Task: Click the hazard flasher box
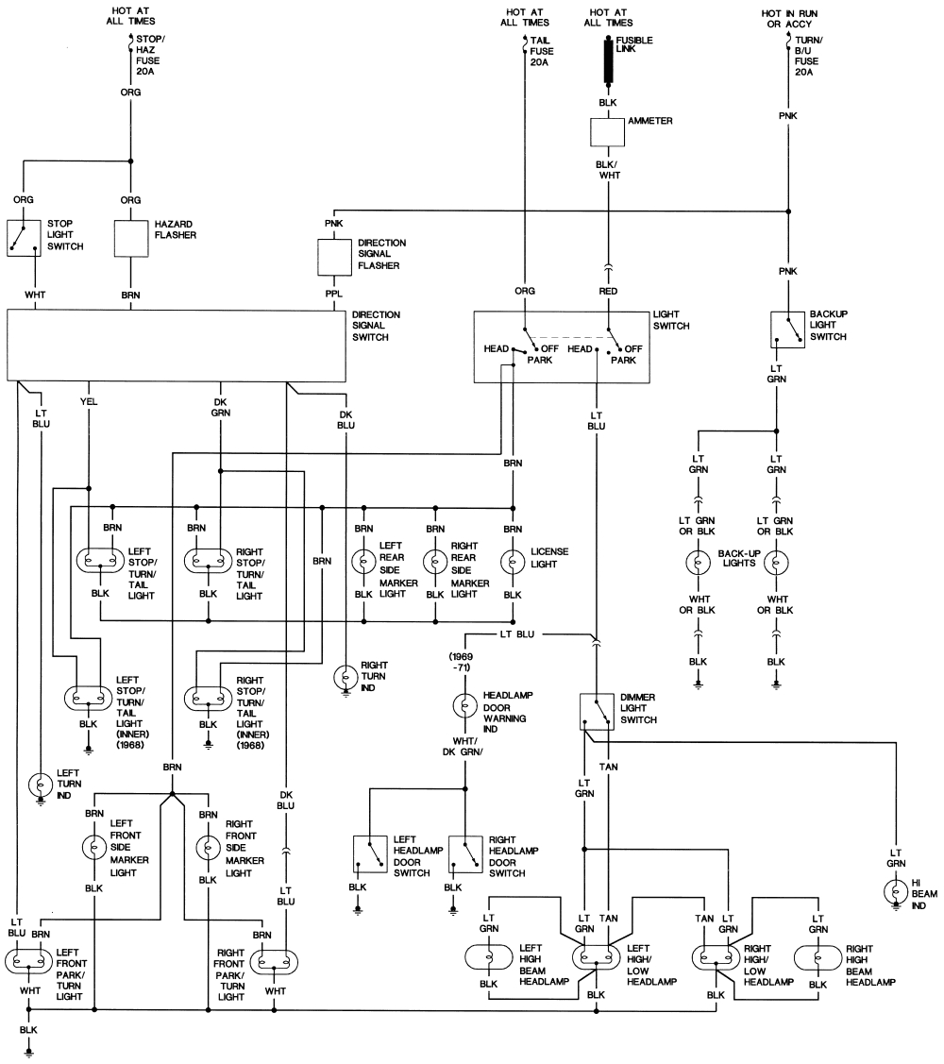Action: [131, 239]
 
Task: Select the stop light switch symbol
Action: [24, 239]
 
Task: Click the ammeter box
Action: [608, 132]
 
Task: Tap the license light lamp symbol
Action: [513, 563]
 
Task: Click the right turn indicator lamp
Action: [346, 677]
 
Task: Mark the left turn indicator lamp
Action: [41, 785]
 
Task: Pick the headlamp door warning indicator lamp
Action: [464, 705]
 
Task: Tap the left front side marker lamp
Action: [95, 847]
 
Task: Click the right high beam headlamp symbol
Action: [817, 956]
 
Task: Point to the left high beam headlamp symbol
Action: [489, 956]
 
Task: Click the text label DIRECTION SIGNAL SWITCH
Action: [376, 325]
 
